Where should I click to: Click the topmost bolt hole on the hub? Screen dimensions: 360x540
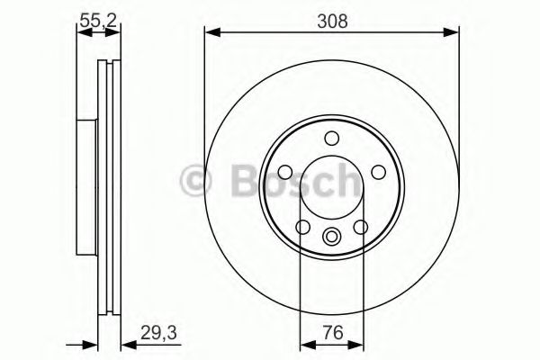332,138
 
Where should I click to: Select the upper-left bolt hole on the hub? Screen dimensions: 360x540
285,172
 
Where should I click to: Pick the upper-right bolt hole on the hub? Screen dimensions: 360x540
379,172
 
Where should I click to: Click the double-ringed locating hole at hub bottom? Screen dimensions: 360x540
332,238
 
